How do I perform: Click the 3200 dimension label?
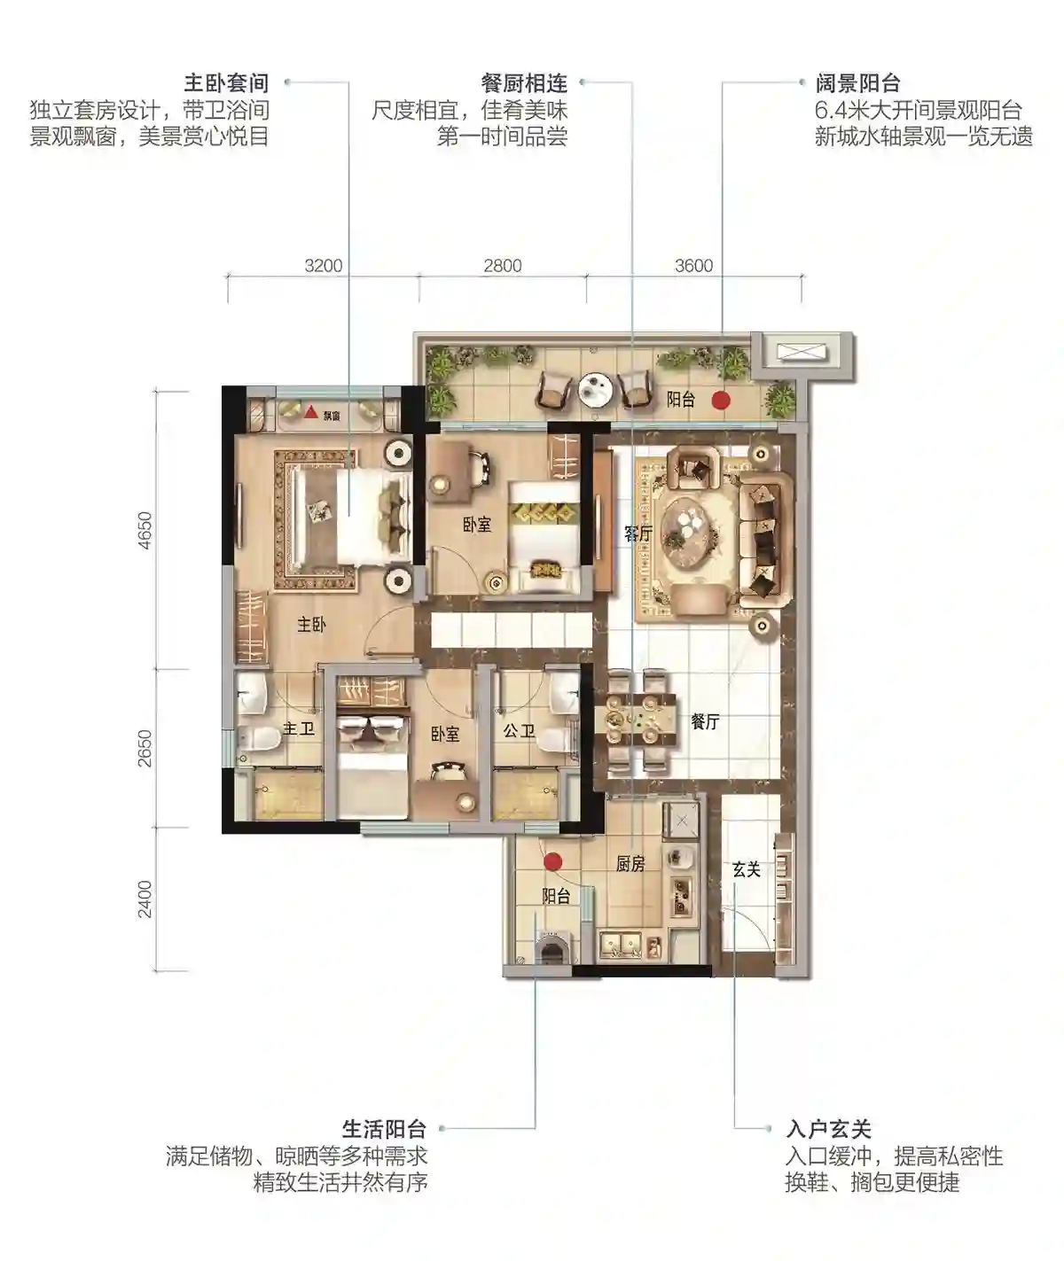(324, 266)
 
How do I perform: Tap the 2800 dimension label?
(502, 266)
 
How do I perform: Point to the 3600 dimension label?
(693, 266)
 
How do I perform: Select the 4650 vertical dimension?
(145, 530)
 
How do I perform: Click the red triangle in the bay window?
(310, 412)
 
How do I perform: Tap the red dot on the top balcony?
(720, 400)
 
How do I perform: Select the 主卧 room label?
(312, 625)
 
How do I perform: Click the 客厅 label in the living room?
(638, 533)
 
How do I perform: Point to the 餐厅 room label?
(705, 721)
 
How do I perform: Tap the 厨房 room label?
(630, 864)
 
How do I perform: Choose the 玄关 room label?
(747, 869)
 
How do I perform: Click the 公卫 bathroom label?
(519, 731)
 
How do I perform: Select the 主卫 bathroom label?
(299, 729)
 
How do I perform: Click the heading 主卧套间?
(226, 82)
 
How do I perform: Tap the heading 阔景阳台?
(857, 82)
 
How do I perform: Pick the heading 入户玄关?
(828, 1129)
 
